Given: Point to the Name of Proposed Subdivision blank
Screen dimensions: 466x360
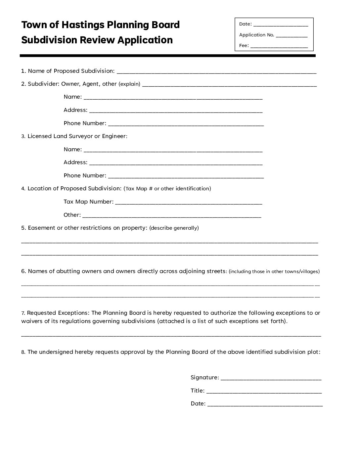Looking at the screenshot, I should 216,72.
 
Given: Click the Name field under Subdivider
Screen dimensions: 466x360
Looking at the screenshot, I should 173,98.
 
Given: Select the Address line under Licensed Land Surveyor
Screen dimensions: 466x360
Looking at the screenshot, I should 176,163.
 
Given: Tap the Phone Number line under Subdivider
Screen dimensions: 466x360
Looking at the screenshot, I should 186,124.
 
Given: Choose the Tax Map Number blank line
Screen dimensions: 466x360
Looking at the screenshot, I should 188,203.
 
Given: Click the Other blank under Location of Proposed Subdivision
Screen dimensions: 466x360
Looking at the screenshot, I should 171,216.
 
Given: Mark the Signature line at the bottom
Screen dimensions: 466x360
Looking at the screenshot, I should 271,379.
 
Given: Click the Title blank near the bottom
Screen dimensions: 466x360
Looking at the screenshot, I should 264,392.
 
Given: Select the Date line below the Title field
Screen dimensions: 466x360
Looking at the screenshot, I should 265,405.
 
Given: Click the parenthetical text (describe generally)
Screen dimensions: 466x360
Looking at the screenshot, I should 174,228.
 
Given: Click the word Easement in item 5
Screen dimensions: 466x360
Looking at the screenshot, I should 41,228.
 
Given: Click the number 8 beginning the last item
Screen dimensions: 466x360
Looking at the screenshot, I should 23,352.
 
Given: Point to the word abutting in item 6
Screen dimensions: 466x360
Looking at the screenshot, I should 68,271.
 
